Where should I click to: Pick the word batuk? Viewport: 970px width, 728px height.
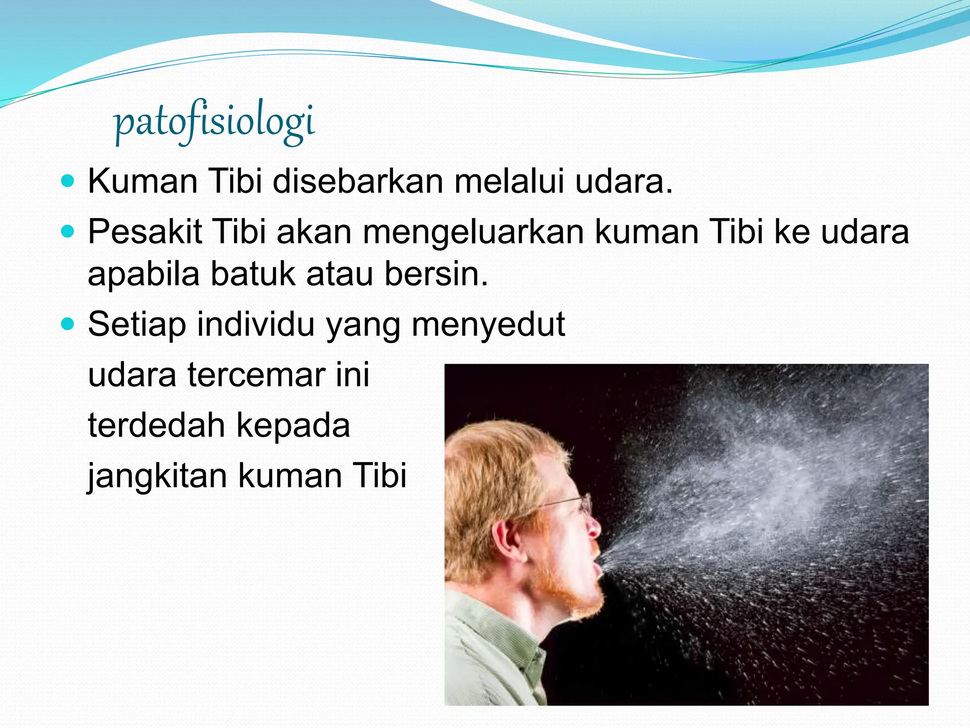(253, 274)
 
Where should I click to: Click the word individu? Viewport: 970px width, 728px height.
(256, 324)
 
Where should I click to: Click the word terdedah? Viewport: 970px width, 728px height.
(157, 425)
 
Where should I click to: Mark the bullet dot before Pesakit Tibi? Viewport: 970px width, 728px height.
(69, 232)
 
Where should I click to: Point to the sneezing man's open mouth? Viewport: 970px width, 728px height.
(598, 564)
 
